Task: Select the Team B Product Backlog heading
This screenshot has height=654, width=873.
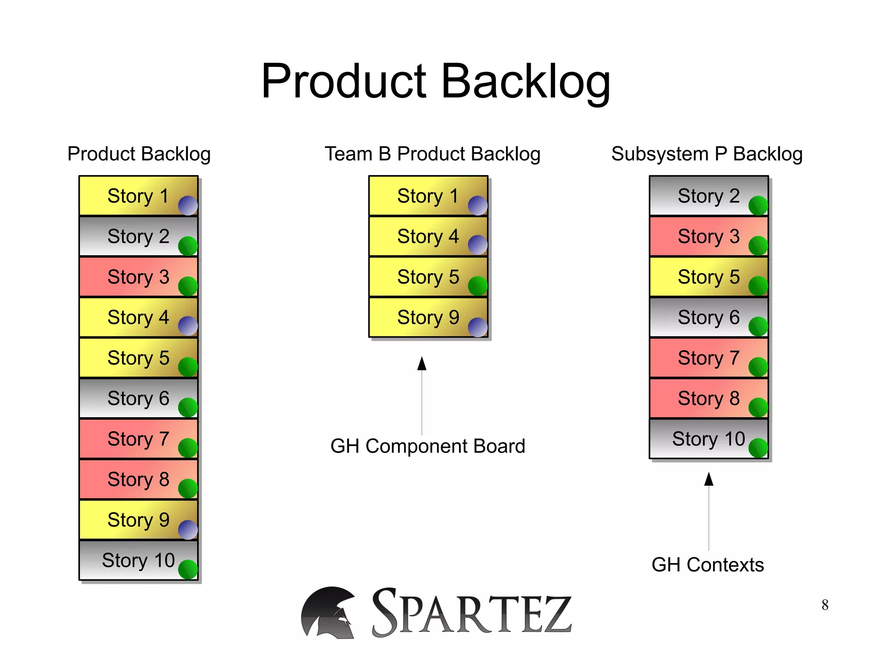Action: pyautogui.click(x=432, y=154)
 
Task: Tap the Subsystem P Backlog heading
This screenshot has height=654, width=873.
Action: pyautogui.click(x=707, y=154)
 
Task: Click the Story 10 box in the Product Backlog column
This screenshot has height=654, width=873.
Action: pyautogui.click(x=138, y=560)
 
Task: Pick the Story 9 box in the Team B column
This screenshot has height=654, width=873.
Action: pyautogui.click(x=428, y=317)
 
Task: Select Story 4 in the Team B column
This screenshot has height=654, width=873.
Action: pyautogui.click(x=428, y=236)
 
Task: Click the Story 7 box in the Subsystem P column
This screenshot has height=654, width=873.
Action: pyautogui.click(x=708, y=358)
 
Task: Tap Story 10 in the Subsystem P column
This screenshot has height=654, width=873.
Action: pyautogui.click(x=708, y=439)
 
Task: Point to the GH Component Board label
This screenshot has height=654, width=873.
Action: pyautogui.click(x=428, y=446)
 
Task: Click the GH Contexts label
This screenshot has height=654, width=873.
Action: pyautogui.click(x=708, y=565)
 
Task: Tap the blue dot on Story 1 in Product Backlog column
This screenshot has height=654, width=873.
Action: pyautogui.click(x=188, y=205)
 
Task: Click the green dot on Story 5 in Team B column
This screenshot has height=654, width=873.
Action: pyautogui.click(x=477, y=286)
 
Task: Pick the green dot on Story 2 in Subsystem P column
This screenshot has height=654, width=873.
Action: pyautogui.click(x=758, y=205)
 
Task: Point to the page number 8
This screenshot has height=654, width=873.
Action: pyautogui.click(x=825, y=605)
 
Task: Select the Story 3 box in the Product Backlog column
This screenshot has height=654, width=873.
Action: pyautogui.click(x=138, y=277)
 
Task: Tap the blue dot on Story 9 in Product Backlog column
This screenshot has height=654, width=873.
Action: pyautogui.click(x=188, y=530)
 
